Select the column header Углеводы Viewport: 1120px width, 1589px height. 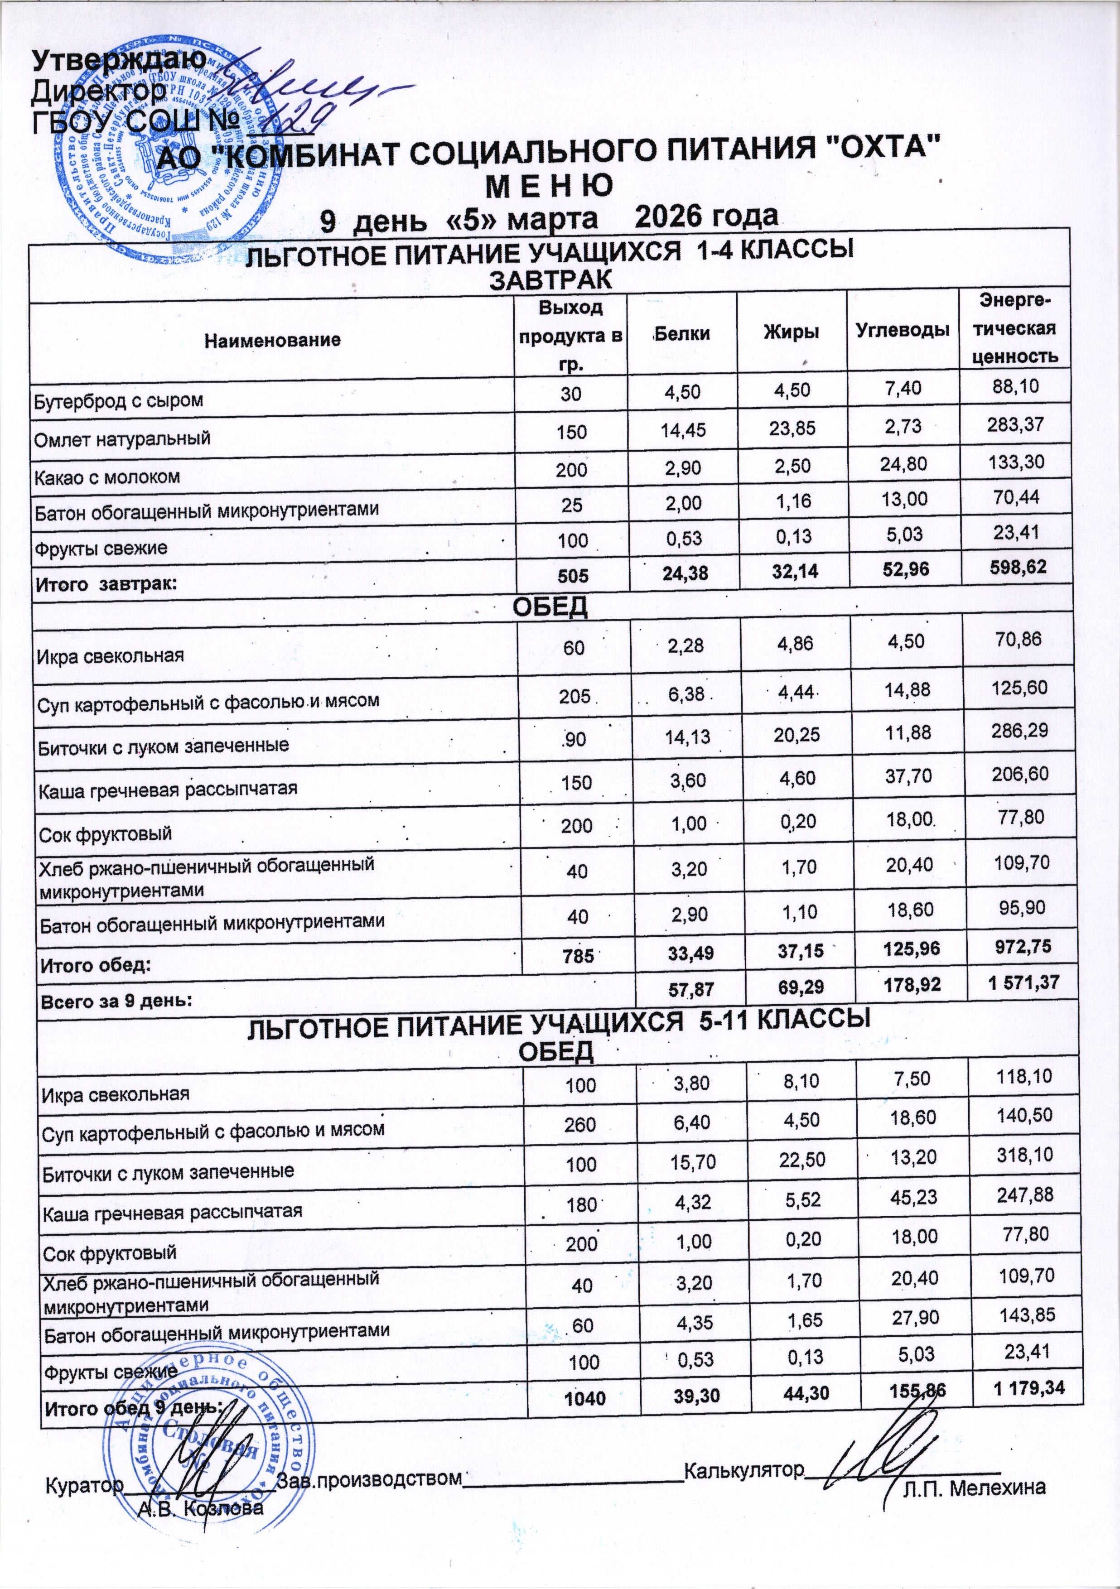tap(903, 330)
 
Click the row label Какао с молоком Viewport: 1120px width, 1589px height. tap(108, 477)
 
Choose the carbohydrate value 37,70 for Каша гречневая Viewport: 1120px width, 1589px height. tap(907, 776)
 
